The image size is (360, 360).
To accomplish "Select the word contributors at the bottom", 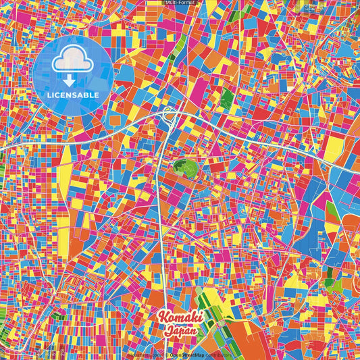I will coord(218,354).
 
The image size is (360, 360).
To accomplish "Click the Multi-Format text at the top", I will coord(180,3).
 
